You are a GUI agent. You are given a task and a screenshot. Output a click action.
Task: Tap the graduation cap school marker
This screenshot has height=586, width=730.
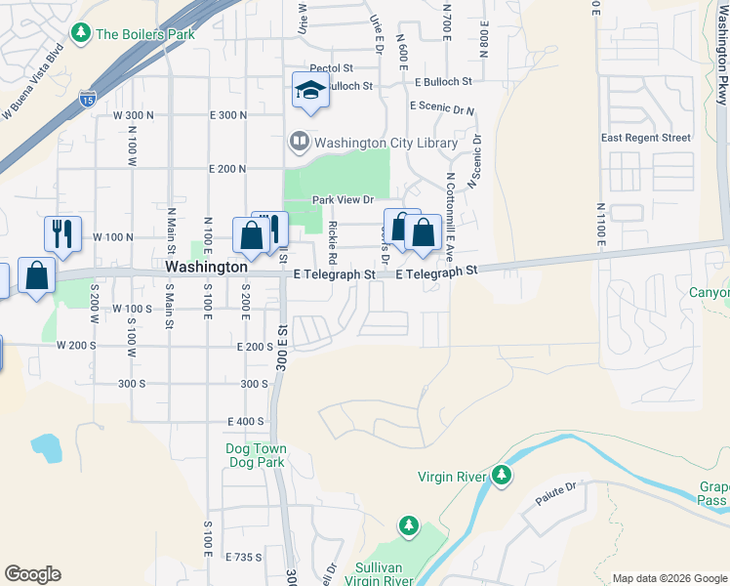pyautogui.click(x=310, y=92)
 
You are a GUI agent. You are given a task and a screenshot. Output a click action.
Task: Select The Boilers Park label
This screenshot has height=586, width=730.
pyautogui.click(x=145, y=34)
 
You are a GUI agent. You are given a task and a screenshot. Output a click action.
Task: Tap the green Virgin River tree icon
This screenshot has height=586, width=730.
pyautogui.click(x=502, y=475)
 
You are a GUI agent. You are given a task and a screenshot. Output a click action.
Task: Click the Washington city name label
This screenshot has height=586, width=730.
pyautogui.click(x=206, y=266)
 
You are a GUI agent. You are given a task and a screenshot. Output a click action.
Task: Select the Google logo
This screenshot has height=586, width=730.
pyautogui.click(x=32, y=574)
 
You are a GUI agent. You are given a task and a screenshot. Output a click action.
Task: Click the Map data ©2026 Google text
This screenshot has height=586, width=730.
pyautogui.click(x=669, y=578)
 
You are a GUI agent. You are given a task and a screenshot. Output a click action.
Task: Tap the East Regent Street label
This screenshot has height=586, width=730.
pyautogui.click(x=646, y=138)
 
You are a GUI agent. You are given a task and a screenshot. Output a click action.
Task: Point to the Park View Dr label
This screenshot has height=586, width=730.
pyautogui.click(x=344, y=200)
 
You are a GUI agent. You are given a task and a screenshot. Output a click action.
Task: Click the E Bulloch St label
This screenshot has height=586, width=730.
pyautogui.click(x=442, y=83)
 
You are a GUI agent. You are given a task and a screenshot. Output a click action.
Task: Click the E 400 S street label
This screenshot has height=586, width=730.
pyautogui.click(x=245, y=421)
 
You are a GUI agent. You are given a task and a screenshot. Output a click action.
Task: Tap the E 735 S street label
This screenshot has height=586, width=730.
pyautogui.click(x=244, y=557)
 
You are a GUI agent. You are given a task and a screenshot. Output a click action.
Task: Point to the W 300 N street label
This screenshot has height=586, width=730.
pyautogui.click(x=134, y=115)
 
